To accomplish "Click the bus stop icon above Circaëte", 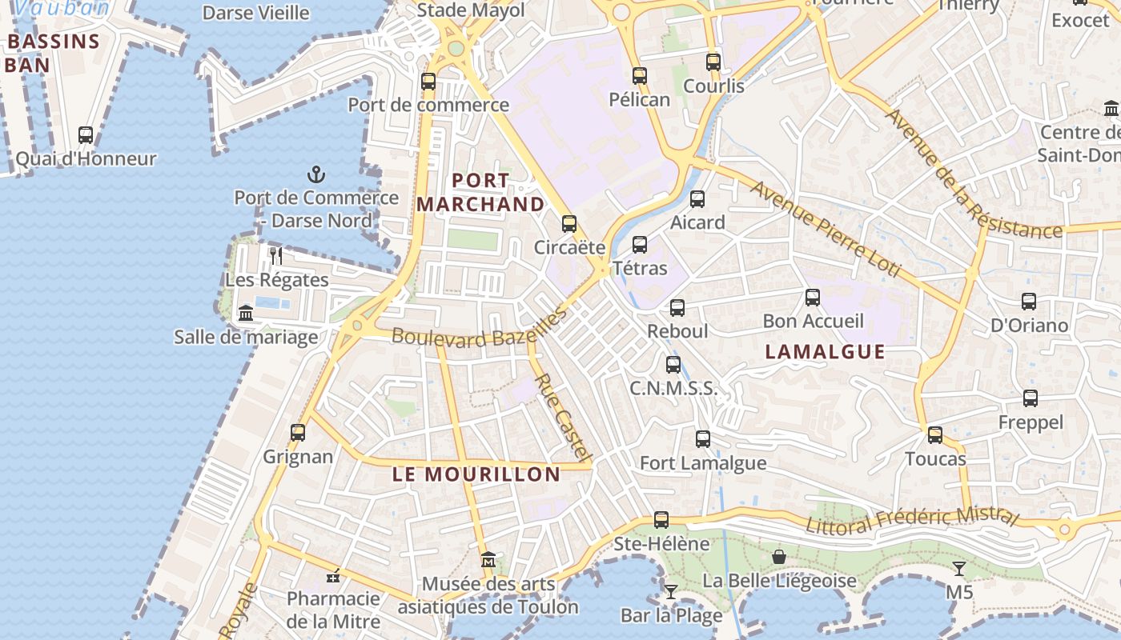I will (569, 223).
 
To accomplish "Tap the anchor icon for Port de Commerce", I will (316, 174).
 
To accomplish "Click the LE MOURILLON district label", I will (476, 474).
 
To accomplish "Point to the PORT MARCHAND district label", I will (480, 193).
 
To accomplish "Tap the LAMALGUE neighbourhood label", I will (825, 352).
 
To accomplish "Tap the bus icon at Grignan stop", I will (298, 433).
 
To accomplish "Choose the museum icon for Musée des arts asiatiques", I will (488, 559).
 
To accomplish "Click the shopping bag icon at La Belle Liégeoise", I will (778, 556).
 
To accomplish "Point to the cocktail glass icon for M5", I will (958, 569).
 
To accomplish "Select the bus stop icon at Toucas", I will (935, 435).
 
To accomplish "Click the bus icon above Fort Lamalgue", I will (703, 438).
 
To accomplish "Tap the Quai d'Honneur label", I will (86, 159).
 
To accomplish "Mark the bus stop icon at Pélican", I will (639, 76).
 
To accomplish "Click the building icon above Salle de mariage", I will (246, 313).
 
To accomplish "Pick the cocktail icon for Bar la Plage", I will (671, 591).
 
